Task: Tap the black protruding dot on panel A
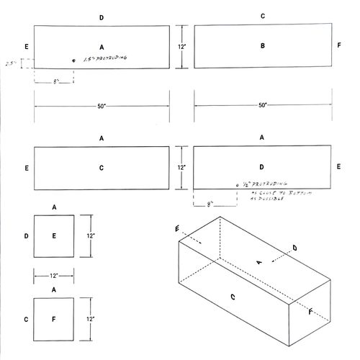click(73, 60)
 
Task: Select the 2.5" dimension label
click(10, 63)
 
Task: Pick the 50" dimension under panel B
click(263, 105)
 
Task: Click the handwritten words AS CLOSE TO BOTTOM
click(268, 194)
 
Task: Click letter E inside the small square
click(54, 235)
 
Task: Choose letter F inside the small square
click(54, 317)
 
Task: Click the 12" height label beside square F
click(89, 318)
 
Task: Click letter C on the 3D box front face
click(233, 296)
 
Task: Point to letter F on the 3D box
click(310, 312)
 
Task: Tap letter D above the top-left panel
click(102, 17)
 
